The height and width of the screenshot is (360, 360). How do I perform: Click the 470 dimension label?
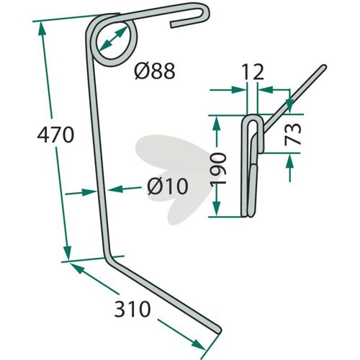pos(55,135)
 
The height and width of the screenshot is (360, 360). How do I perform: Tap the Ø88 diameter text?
pos(155,71)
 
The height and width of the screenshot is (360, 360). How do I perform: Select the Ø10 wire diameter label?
pos(168,186)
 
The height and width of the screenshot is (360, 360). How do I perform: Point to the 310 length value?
pos(132,309)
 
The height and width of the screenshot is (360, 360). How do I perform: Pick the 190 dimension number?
pos(218,168)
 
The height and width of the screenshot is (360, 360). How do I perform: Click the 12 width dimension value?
pos(253,72)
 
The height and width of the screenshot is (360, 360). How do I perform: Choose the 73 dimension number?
pos(292,135)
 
